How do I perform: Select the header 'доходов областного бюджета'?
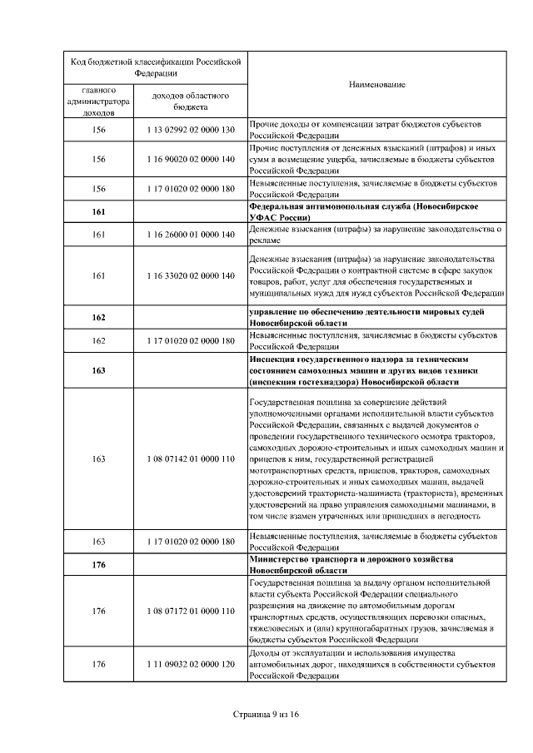click(191, 100)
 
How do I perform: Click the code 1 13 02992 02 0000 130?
click(191, 130)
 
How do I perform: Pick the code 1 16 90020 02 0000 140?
click(191, 159)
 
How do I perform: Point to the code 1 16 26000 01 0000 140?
click(191, 235)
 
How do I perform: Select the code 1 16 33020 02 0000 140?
click(191, 275)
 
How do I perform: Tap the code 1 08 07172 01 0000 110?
click(191, 611)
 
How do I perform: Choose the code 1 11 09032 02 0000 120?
click(191, 666)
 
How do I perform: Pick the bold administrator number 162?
click(98, 318)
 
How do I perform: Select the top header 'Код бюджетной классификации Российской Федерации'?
click(155, 67)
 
